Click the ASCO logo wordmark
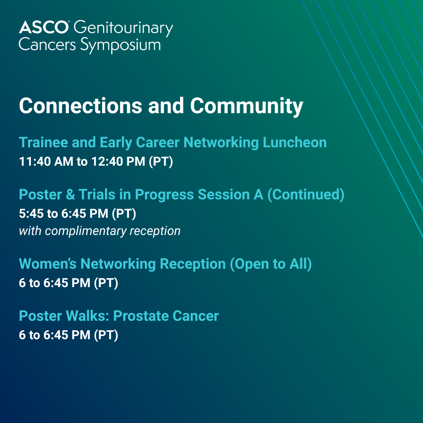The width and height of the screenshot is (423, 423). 44,27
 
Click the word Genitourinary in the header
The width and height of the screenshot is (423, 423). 123,29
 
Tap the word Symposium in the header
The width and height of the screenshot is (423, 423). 121,45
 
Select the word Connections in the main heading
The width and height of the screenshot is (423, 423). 80,105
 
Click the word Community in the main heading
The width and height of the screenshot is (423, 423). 247,107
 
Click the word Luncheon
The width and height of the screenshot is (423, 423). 295,142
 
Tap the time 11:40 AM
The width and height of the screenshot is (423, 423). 46,162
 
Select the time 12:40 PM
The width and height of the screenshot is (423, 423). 118,162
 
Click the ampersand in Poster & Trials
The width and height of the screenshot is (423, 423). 70,195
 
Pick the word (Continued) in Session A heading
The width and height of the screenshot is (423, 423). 305,195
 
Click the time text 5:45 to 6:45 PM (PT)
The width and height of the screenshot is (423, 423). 78,214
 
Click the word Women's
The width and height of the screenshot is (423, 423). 48,264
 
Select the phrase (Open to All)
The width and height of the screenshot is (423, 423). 271,264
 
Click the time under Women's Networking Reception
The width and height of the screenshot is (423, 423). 69,283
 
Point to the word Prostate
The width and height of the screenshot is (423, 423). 141,316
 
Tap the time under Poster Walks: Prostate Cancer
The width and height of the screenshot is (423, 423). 69,335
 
